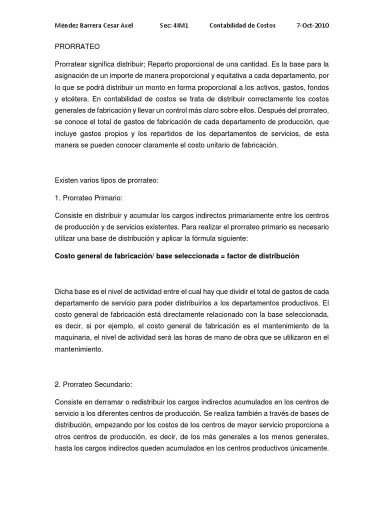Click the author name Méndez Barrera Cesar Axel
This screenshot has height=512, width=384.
coord(93,25)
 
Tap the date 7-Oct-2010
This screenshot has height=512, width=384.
coord(312,25)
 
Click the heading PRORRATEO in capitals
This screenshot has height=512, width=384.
coord(77,46)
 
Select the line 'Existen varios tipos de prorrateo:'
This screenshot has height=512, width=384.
coord(106,180)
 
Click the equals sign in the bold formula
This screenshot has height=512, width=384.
coord(221,256)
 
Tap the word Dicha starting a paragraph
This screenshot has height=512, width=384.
coord(63,292)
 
